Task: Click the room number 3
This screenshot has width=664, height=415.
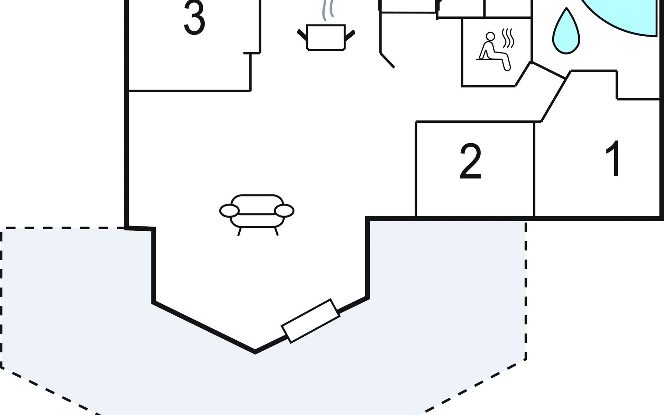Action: (x=194, y=18)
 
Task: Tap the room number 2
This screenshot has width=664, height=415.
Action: (x=470, y=161)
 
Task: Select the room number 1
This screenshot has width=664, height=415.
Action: (x=614, y=158)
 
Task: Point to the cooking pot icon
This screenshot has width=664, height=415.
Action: (x=326, y=37)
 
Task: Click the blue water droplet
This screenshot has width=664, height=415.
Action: (x=566, y=33)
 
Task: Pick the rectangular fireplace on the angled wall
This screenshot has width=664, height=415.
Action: (x=310, y=321)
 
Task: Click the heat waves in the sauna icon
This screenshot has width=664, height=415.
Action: (x=508, y=39)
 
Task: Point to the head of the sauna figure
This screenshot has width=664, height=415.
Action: (x=490, y=36)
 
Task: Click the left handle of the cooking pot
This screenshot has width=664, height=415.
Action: (x=302, y=35)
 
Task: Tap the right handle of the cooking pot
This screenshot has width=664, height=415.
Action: (x=350, y=35)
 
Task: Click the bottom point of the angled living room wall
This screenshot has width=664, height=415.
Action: (x=255, y=352)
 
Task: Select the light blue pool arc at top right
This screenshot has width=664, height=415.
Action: (x=622, y=21)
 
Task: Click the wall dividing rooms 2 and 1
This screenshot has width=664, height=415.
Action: (x=534, y=169)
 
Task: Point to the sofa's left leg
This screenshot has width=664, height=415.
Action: (x=239, y=232)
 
